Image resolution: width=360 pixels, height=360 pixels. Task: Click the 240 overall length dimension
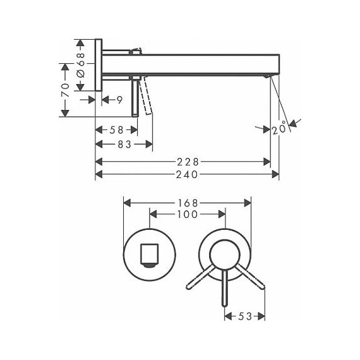187,174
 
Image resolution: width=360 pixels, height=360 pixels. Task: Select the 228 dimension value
188,162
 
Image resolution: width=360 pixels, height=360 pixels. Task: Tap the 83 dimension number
124,145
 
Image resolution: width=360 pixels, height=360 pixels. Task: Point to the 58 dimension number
116,130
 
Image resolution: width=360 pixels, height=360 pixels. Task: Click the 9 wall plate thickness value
119,100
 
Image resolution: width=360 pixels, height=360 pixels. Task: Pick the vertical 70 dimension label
65,90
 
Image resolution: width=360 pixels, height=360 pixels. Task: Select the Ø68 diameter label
81,65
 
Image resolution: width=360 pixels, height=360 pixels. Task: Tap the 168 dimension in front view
188,203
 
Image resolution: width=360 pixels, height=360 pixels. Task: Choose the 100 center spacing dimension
188,214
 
